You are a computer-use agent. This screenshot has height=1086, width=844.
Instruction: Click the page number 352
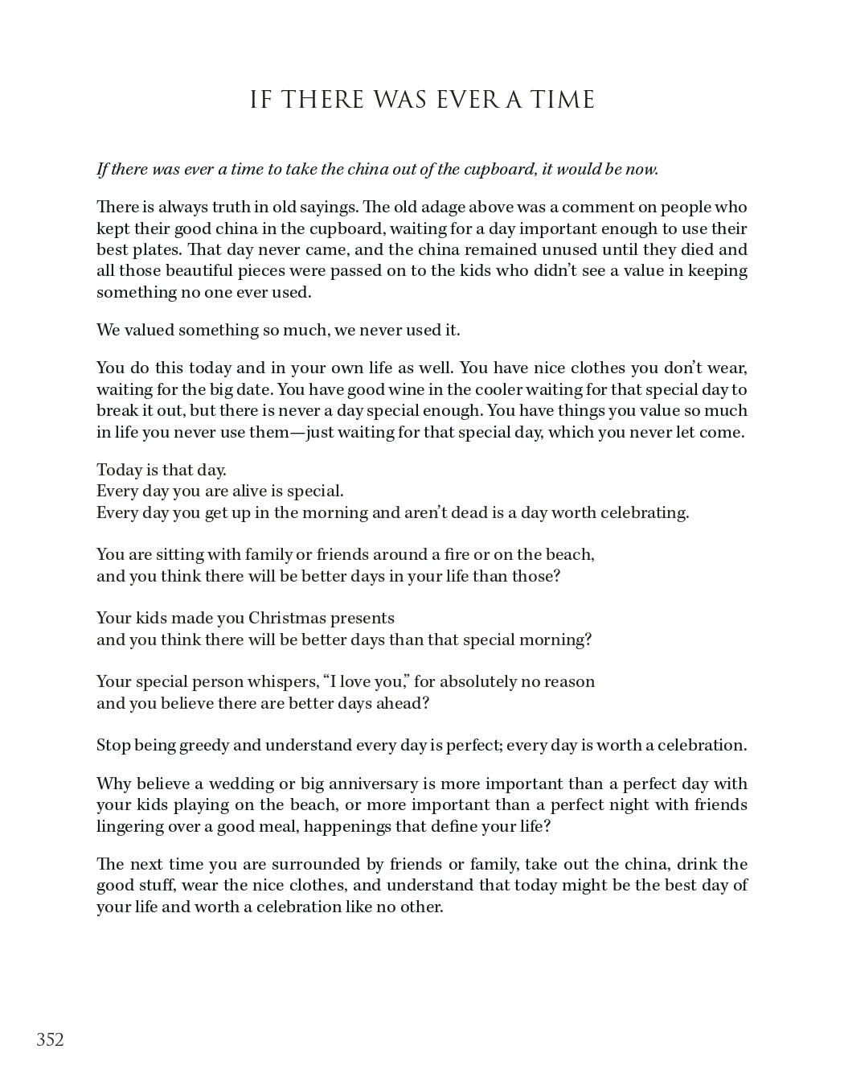[50, 1039]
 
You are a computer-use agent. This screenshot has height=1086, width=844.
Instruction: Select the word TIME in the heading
[563, 100]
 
